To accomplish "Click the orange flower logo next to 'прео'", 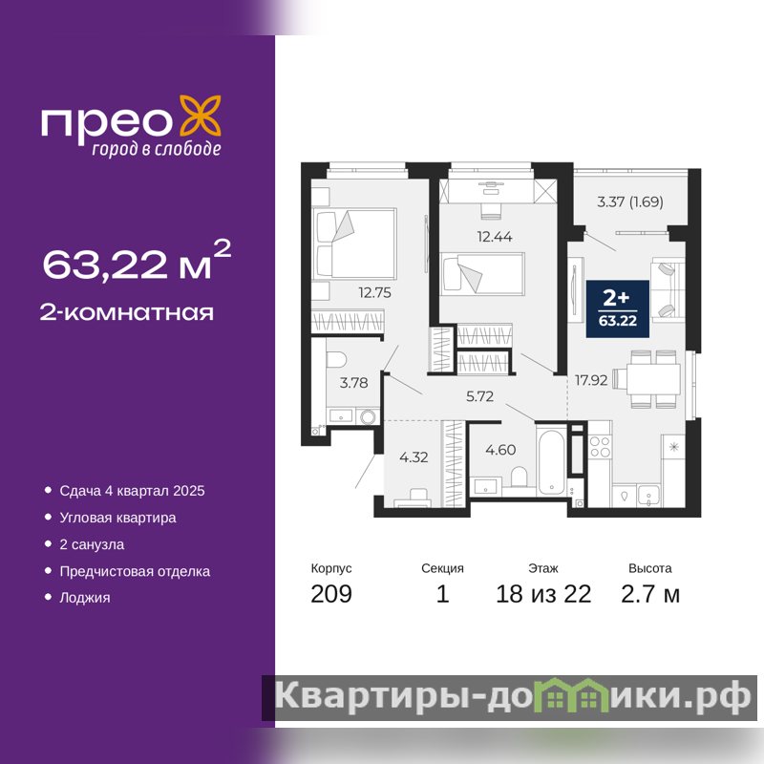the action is pyautogui.click(x=201, y=116).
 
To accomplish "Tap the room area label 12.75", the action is pyautogui.click(x=374, y=292).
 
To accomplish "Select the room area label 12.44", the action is pyautogui.click(x=495, y=237).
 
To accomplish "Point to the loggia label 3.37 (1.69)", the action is pyautogui.click(x=630, y=202).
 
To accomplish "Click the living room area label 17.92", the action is pyautogui.click(x=591, y=380).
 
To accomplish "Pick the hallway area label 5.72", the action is pyautogui.click(x=480, y=396).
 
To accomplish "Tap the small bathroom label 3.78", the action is pyautogui.click(x=353, y=383).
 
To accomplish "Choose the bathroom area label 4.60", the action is pyautogui.click(x=500, y=449).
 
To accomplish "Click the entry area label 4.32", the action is pyautogui.click(x=414, y=457).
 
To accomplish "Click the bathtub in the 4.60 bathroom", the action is pyautogui.click(x=552, y=460).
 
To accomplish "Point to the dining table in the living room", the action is pyautogui.click(x=653, y=378).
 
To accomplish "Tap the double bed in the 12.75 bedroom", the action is pyautogui.click(x=354, y=244).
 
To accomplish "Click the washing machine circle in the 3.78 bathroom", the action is pyautogui.click(x=368, y=417).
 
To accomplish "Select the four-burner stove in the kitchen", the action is pyautogui.click(x=600, y=446).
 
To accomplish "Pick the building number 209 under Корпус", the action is pyautogui.click(x=331, y=594).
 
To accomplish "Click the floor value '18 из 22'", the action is pyautogui.click(x=543, y=594).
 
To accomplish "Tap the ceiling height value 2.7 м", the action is pyautogui.click(x=650, y=594).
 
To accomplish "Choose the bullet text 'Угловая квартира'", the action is pyautogui.click(x=117, y=518).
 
